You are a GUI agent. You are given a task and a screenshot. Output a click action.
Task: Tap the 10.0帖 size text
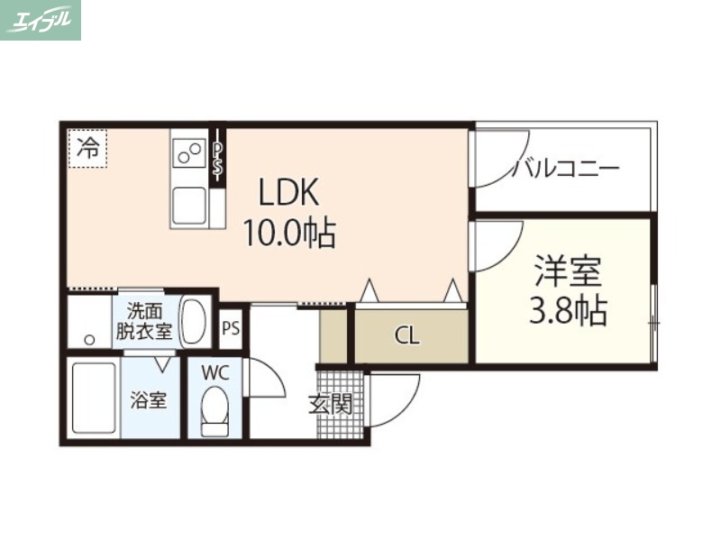(x=288, y=234)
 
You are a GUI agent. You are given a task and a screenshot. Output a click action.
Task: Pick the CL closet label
(x=407, y=336)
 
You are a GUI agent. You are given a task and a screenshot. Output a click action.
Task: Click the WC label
(x=214, y=371)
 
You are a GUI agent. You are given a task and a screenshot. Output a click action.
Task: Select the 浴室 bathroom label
(x=149, y=400)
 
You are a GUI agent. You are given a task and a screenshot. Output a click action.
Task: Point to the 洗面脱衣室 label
(x=143, y=321)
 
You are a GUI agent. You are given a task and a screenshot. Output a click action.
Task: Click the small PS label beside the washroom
(x=231, y=328)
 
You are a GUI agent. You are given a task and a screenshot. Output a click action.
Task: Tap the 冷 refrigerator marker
(x=87, y=147)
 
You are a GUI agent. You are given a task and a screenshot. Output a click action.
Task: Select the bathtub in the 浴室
(x=94, y=399)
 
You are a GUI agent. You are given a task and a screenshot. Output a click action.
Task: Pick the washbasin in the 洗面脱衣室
(x=194, y=320)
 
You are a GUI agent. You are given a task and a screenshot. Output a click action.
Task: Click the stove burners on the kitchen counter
(x=189, y=152)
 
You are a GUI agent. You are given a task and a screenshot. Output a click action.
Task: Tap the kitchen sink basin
(x=189, y=204)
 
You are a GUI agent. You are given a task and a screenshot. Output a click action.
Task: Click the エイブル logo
(x=41, y=20)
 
